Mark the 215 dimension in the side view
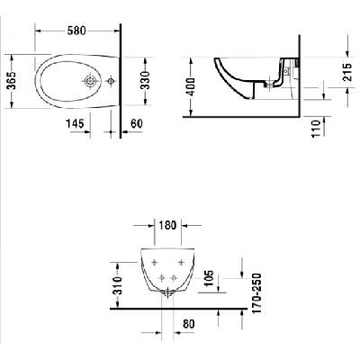tap(348, 73)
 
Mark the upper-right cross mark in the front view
tap(182, 262)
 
